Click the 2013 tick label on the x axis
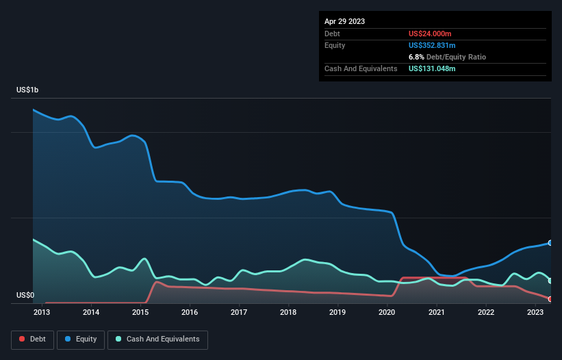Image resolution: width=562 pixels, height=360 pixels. tap(42, 313)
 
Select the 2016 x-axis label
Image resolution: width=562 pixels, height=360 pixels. tap(190, 313)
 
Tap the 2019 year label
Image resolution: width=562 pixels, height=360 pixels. tap(337, 313)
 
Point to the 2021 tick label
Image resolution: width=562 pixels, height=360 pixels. tap(436, 313)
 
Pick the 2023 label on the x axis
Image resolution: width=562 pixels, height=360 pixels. tap(535, 313)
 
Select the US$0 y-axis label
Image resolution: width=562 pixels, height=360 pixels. tap(25, 296)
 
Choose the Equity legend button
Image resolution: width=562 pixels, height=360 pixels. tap(81, 339)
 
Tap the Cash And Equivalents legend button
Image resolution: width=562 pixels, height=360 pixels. tap(157, 339)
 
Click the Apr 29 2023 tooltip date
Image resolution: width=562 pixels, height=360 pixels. tap(344, 21)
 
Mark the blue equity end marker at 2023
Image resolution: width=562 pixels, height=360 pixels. tap(550, 243)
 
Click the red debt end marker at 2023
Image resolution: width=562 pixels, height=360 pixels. tap(550, 299)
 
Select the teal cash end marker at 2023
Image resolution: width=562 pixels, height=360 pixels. tap(550, 281)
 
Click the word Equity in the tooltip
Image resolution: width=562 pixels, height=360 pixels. tap(335, 45)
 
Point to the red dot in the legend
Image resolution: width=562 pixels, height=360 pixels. tap(23, 339)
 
